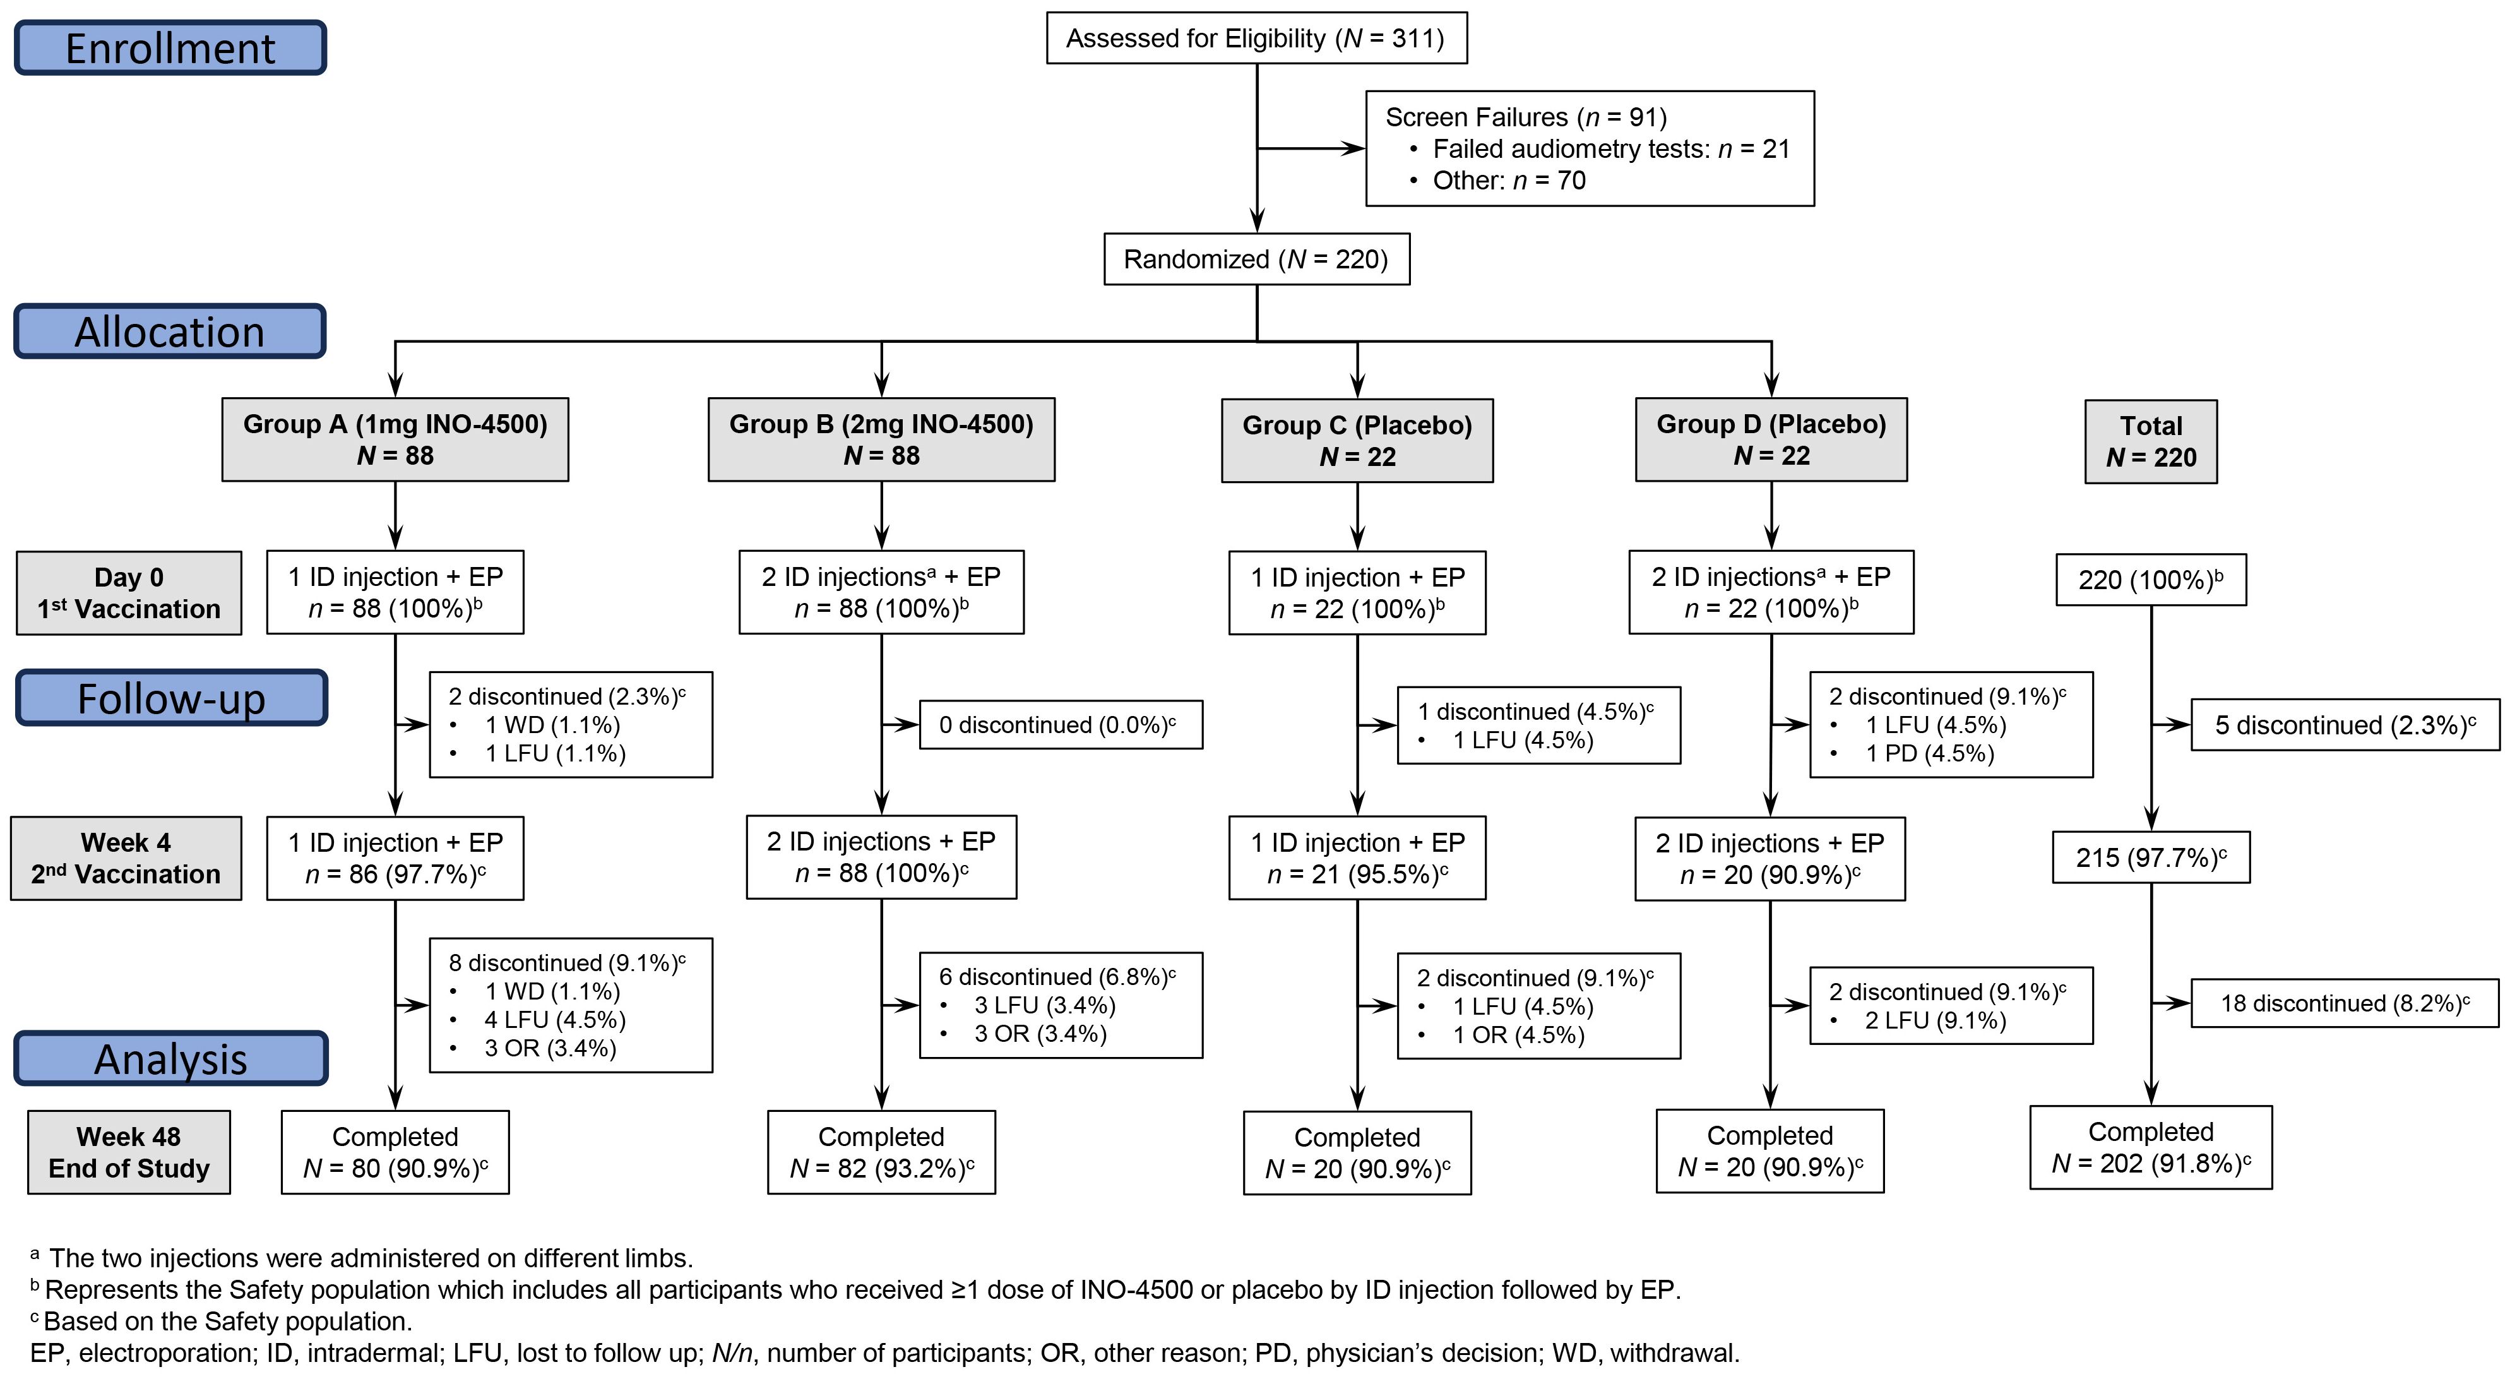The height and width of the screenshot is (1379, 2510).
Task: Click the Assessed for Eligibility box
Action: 1256,38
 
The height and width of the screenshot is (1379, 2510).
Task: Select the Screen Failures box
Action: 1589,148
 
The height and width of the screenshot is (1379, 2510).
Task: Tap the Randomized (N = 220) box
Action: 1256,260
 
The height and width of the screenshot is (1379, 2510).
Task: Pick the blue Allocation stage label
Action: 170,331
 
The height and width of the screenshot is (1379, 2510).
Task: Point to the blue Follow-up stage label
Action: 172,698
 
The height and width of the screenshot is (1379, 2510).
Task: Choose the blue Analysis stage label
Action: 172,1058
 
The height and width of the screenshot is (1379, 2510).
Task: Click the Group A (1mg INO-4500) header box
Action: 395,439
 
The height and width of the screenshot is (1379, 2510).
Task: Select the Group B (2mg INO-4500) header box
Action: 881,439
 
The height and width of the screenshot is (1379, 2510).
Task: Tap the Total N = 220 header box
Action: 2150,441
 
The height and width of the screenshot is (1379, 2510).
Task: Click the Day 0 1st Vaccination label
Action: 129,592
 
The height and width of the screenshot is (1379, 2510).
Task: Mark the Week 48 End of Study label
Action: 129,1152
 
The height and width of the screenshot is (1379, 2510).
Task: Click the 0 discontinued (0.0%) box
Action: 1060,725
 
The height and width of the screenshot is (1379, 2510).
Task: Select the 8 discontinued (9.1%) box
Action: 571,1005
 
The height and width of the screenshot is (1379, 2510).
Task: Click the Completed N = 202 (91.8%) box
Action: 2150,1147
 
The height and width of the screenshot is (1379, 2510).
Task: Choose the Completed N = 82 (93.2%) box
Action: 881,1152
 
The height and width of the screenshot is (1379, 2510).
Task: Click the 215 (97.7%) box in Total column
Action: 2150,857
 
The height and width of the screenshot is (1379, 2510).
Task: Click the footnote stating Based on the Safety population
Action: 222,1322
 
